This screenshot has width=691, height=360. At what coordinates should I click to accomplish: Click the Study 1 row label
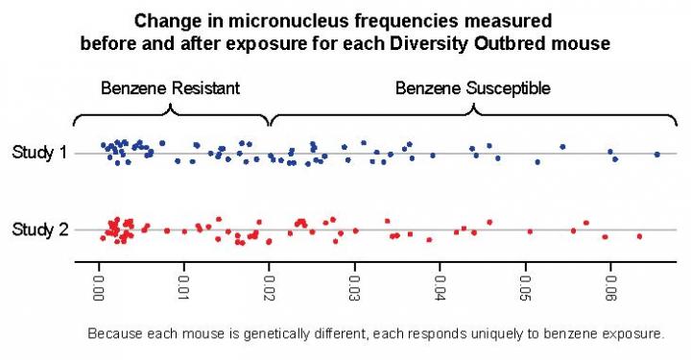(x=38, y=153)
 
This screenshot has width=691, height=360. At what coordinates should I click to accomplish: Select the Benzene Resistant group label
(x=170, y=88)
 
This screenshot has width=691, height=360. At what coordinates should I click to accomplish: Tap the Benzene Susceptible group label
(x=473, y=88)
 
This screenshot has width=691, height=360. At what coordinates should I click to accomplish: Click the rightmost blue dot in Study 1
(x=656, y=154)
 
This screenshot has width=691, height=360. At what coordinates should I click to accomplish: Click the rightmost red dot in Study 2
(x=639, y=235)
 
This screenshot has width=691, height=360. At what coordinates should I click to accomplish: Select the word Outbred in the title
(x=512, y=44)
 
